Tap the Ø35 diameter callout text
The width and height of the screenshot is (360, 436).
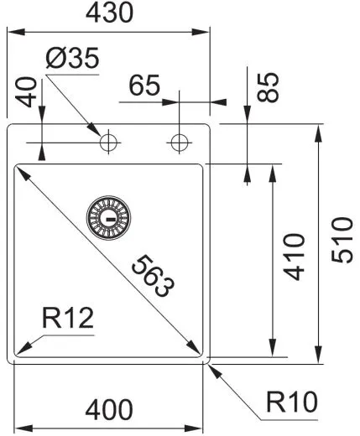[x=71, y=60]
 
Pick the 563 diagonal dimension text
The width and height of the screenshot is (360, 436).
[x=154, y=276]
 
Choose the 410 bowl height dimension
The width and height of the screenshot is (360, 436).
[x=294, y=261]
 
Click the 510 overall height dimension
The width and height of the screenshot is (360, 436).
[x=342, y=241]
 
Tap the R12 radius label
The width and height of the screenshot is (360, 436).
[x=67, y=319]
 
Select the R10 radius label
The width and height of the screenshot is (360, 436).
[x=292, y=403]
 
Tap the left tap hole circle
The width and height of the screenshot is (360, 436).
[x=109, y=143]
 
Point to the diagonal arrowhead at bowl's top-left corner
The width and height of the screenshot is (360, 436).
[x=19, y=172]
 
